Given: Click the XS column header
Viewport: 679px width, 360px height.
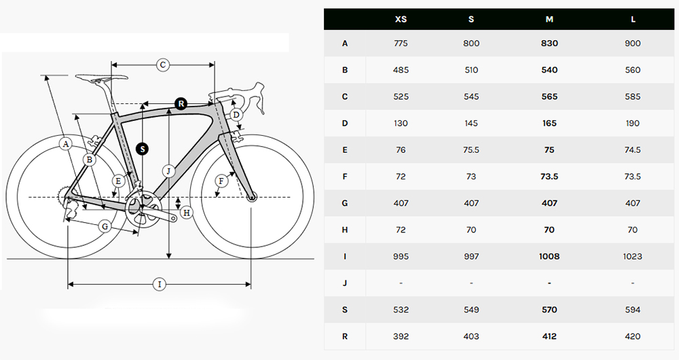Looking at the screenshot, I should click(401, 19).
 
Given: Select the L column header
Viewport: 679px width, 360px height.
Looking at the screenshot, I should click(633, 19).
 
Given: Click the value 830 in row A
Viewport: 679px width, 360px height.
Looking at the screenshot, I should click(549, 43).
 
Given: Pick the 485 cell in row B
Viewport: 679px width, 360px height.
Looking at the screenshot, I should click(401, 70).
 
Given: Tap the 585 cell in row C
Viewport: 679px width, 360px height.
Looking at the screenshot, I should click(633, 96).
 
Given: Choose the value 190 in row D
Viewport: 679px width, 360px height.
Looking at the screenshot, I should click(633, 123).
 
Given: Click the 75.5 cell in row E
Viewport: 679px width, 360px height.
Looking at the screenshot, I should click(471, 150).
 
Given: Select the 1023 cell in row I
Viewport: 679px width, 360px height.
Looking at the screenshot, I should click(633, 257).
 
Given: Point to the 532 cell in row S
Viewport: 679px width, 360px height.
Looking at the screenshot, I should click(401, 310).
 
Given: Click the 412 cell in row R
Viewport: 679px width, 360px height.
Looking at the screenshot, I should click(549, 336).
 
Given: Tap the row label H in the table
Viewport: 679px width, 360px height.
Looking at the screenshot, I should click(345, 230).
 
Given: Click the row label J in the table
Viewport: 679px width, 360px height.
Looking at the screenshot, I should click(345, 283).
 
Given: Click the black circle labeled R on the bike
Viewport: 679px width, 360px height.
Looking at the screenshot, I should click(181, 103).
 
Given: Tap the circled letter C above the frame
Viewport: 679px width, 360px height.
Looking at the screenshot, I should click(163, 65).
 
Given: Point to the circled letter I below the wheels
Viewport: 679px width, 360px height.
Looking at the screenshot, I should click(160, 285).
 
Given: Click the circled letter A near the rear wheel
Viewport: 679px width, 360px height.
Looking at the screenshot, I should click(65, 144).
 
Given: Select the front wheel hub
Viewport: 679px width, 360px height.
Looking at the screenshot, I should click(252, 198).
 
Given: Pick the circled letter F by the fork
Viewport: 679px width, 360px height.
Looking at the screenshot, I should click(221, 181).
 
